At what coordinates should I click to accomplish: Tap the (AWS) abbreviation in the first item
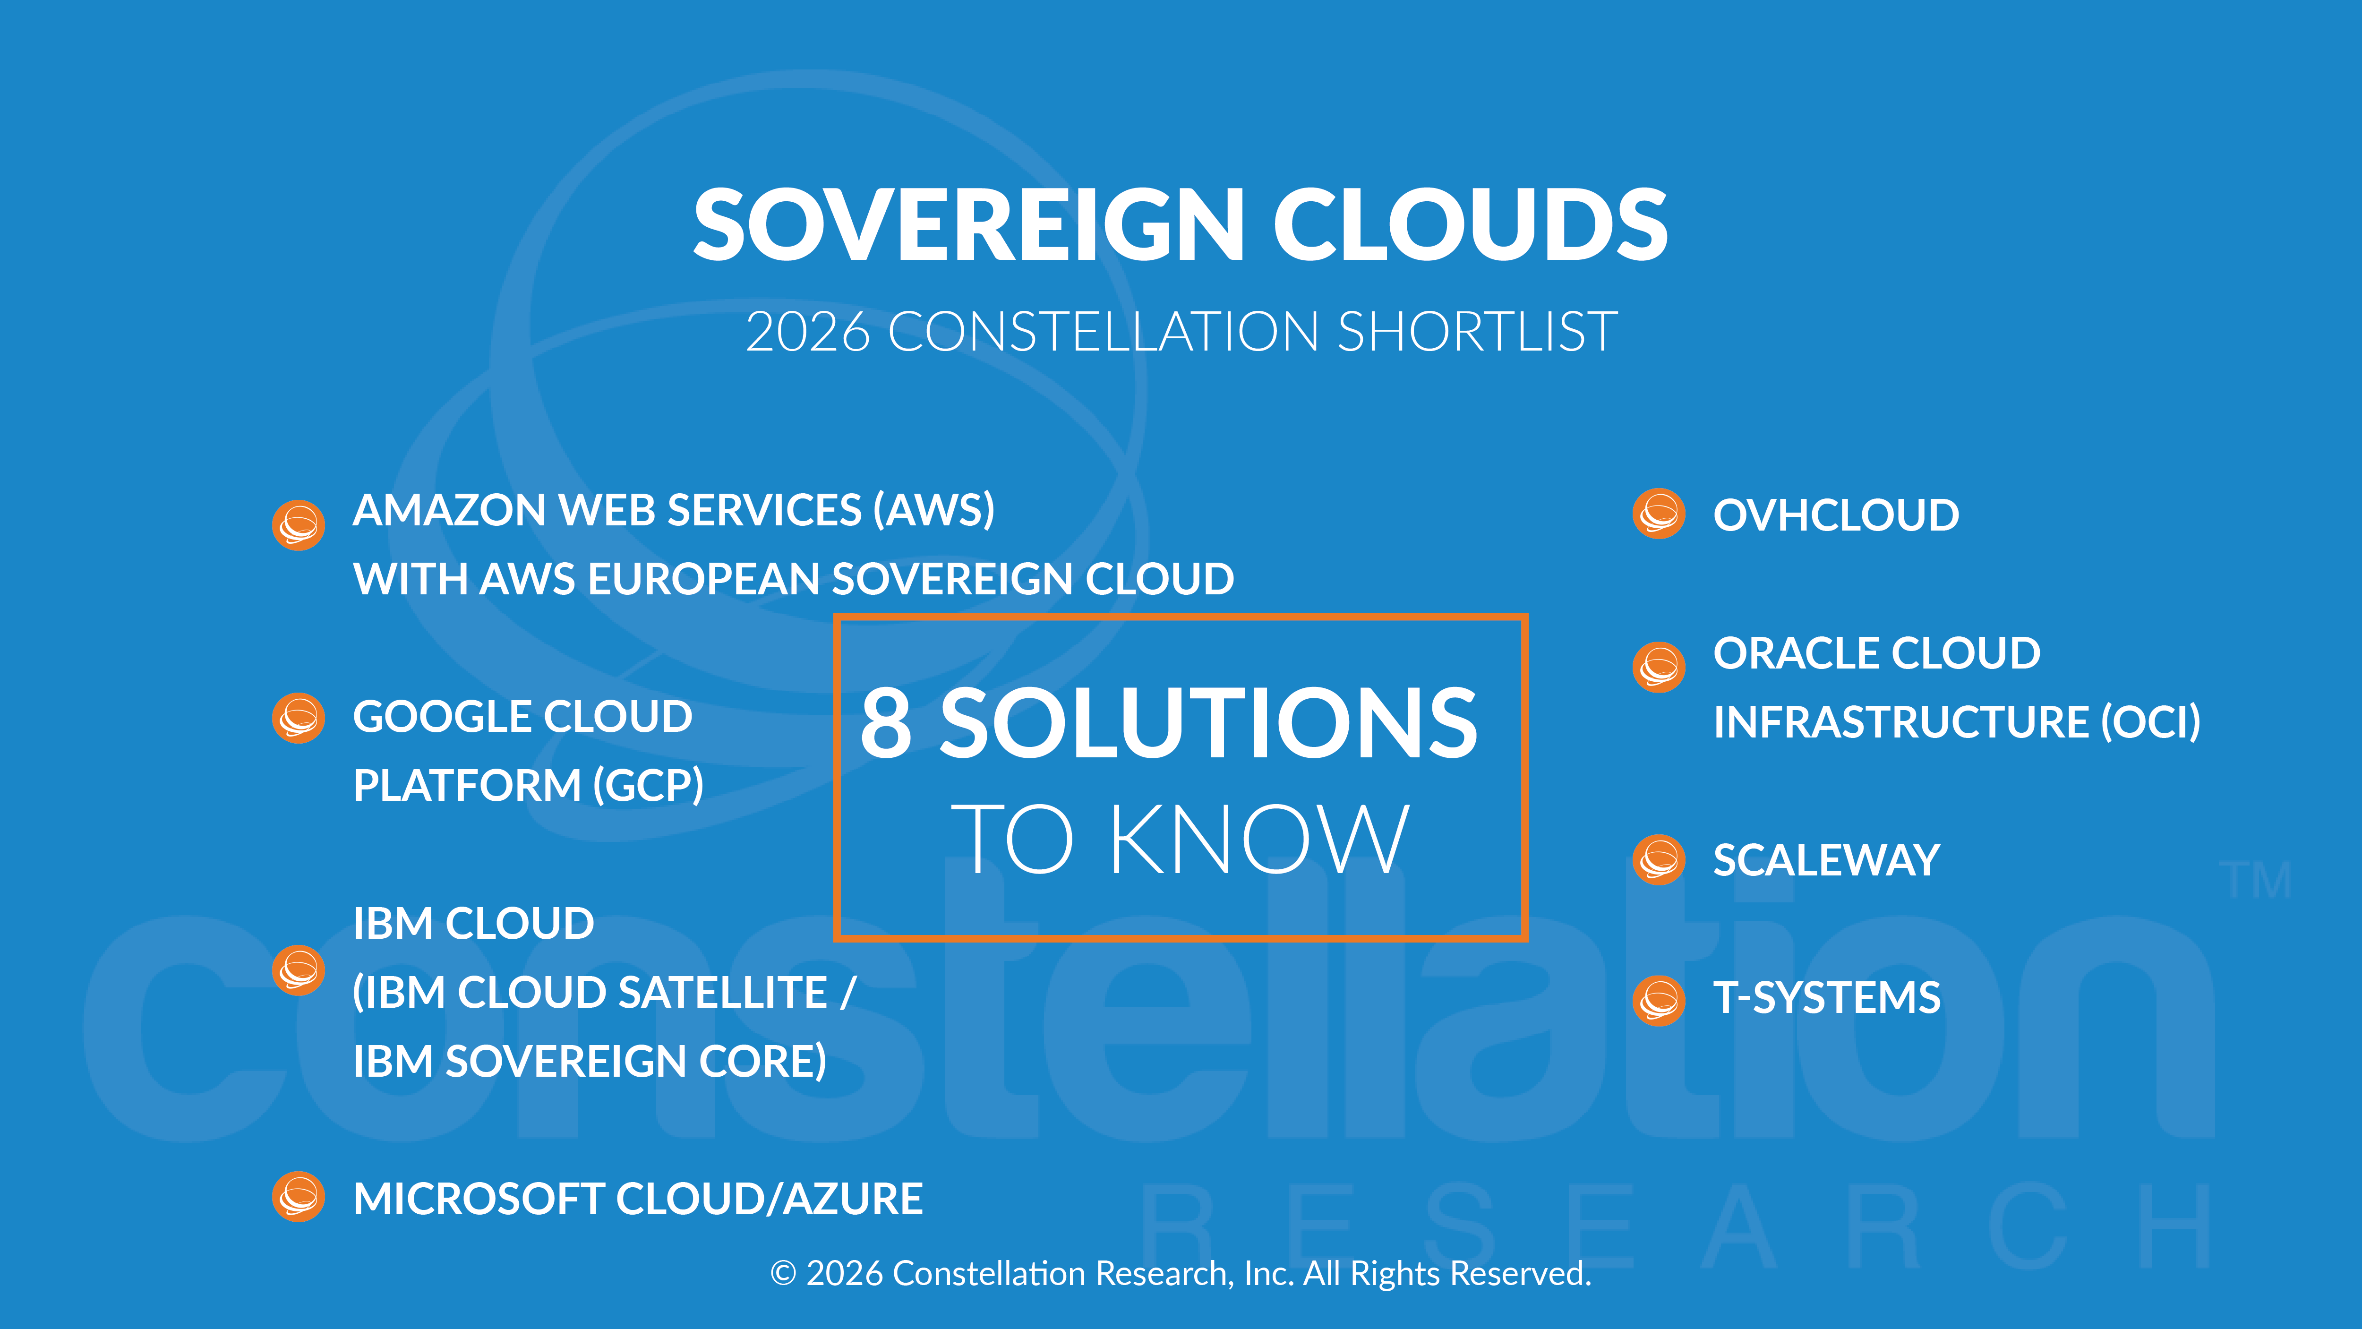[x=933, y=510]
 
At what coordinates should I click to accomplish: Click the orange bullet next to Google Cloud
[x=298, y=717]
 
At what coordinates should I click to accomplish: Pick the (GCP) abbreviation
[x=647, y=785]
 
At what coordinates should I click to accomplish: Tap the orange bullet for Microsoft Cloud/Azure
[x=298, y=1197]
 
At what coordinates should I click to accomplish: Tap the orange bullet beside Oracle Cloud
[x=1659, y=667]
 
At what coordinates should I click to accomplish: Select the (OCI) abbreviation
[x=2150, y=722]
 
